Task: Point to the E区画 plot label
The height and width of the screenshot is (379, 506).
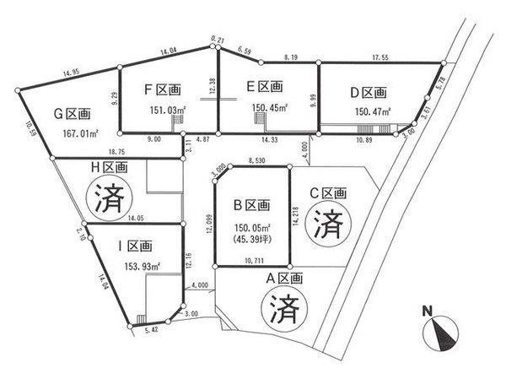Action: click(263, 87)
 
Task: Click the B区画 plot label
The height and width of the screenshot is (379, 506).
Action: click(250, 204)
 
